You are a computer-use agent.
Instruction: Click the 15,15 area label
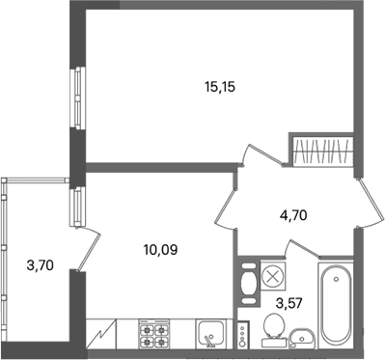coord(220,87)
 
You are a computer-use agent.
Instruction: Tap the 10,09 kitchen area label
coord(161,250)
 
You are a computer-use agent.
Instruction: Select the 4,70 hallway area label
coord(292,215)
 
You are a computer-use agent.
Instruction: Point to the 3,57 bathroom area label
coord(289,303)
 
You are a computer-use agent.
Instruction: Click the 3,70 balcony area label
coord(41,265)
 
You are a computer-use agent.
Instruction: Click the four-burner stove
coord(154,334)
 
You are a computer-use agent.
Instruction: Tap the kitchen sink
coord(210,334)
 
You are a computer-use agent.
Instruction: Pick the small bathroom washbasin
coord(302,338)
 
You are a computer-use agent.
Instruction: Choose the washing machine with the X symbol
coord(273,276)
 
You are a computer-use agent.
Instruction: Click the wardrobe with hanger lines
coord(323,151)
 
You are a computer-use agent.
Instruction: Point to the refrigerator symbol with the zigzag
coord(101,334)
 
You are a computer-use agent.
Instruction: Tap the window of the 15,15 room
coord(78,97)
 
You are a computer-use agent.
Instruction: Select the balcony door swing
coord(88,248)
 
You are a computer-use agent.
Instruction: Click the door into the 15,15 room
coord(262,155)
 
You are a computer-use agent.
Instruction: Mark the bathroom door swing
coord(303,250)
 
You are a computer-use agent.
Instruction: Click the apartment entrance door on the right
coord(370,204)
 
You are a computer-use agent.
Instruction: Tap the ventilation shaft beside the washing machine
coord(249,283)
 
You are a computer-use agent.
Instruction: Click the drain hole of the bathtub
coord(336,279)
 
